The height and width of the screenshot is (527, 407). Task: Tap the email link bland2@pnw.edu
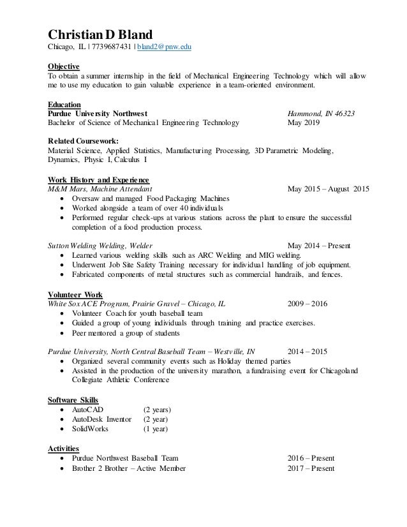164,47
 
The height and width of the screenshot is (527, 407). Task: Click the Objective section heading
64,66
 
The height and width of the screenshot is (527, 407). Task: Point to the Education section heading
64,104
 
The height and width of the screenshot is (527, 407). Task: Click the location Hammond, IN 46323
322,114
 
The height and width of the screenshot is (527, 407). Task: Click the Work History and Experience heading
99,179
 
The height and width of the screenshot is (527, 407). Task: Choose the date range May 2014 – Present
322,246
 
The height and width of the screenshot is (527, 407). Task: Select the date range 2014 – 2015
307,351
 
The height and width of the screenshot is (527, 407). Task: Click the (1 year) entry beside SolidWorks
155,429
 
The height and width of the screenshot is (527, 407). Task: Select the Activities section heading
65,449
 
